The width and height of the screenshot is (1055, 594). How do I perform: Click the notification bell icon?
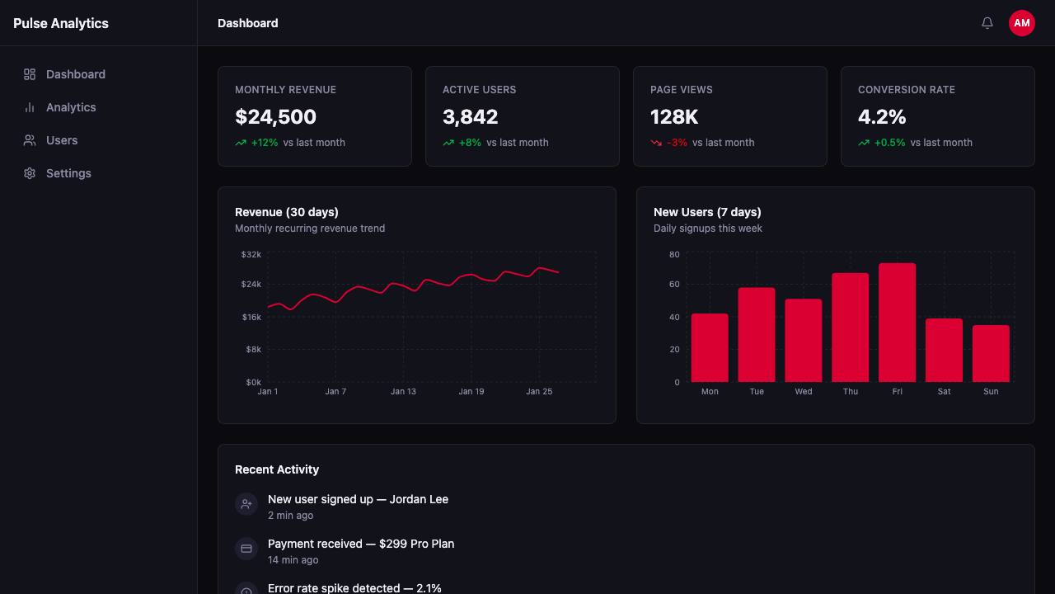(987, 22)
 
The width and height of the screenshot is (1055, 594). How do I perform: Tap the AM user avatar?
(1021, 22)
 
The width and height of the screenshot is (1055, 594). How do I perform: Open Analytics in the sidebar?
(71, 107)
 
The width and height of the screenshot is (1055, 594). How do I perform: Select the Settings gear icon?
(30, 173)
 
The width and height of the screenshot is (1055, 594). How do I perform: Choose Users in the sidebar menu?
(62, 140)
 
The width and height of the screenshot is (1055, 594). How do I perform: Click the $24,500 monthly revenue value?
(275, 116)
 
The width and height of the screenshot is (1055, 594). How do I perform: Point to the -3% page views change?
(677, 143)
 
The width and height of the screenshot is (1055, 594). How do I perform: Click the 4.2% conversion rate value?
(882, 116)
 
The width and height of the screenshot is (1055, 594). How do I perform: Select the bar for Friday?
(897, 323)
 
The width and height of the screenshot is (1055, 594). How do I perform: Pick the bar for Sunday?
(991, 354)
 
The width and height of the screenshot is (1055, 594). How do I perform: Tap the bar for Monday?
(710, 348)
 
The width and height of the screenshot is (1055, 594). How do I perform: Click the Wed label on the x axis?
(803, 391)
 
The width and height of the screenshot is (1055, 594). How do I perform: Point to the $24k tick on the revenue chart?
(251, 284)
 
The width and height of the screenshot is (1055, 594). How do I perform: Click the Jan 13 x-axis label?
(403, 391)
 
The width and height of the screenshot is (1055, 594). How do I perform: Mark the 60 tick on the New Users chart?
(674, 284)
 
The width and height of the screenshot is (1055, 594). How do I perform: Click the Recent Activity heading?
(277, 469)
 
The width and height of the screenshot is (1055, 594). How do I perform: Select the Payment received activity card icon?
(246, 549)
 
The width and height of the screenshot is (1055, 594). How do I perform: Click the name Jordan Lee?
(419, 499)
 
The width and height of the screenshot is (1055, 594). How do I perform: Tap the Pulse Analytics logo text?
(61, 23)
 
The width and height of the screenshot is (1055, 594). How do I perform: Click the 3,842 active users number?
(470, 116)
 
